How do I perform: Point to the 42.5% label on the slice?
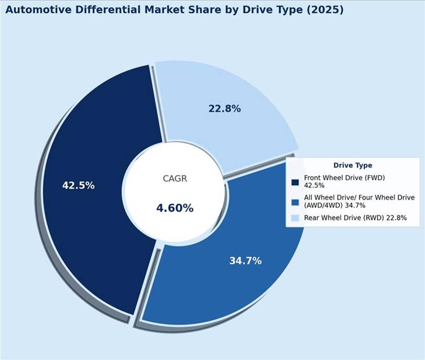[x=78, y=185]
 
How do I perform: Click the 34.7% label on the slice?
[x=245, y=260]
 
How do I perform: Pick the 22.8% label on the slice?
[x=224, y=109]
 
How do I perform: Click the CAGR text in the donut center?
[x=175, y=179]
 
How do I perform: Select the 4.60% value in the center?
[x=175, y=208]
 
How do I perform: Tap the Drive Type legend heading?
[x=353, y=166]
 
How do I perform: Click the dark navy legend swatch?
[x=295, y=182]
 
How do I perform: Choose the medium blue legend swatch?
[x=295, y=202]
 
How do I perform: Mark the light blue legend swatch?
[x=295, y=217]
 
